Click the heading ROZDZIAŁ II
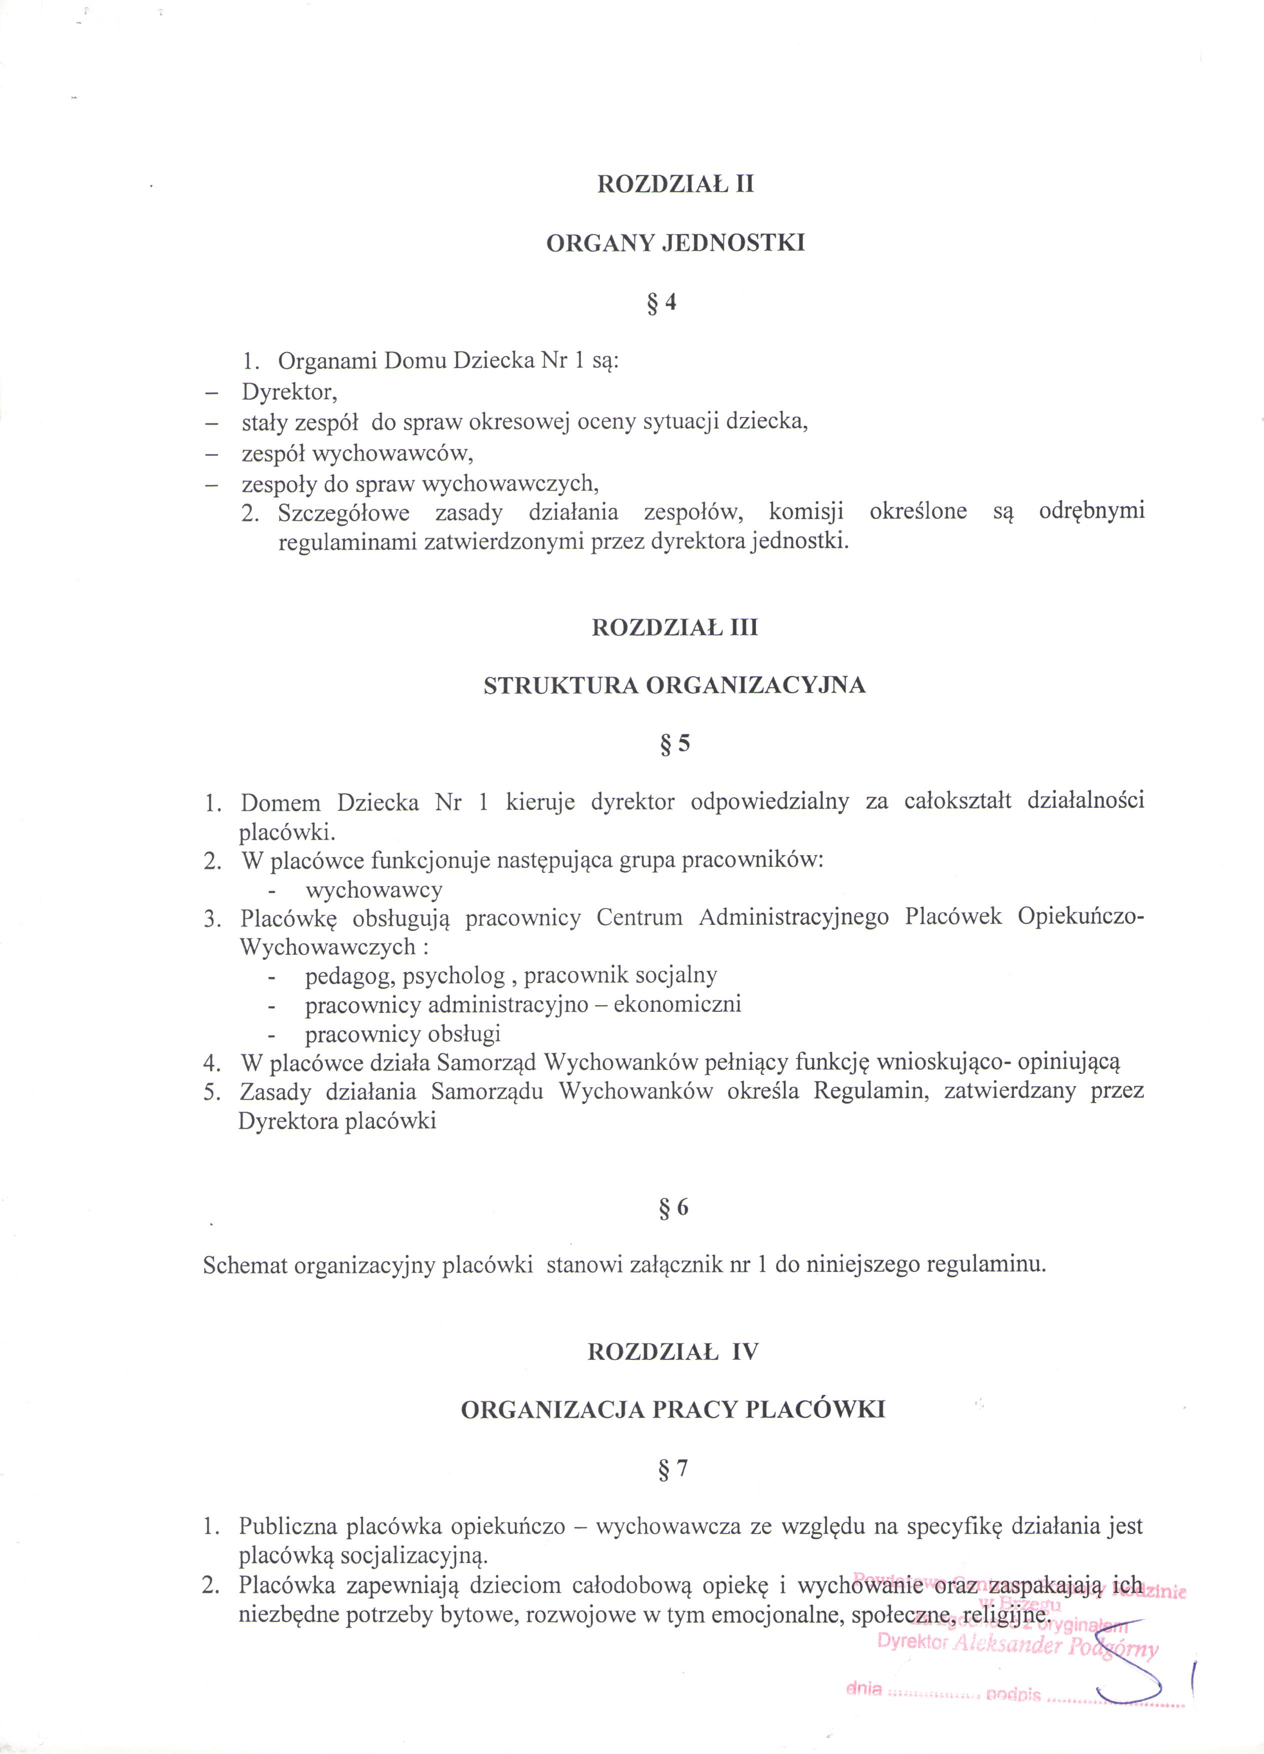[675, 186]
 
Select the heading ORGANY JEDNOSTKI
[675, 244]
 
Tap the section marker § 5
[674, 744]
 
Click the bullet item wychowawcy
[374, 890]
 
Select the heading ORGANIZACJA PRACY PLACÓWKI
[672, 1410]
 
